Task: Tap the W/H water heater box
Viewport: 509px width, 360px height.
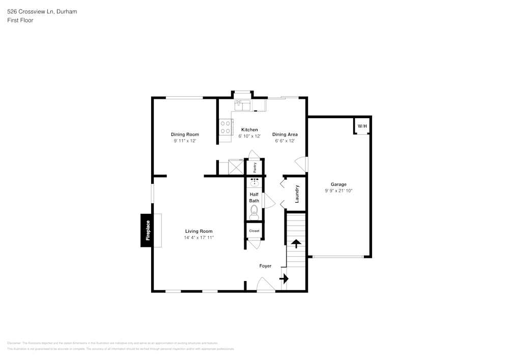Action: (361, 126)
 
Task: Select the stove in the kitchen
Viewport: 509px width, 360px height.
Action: (225, 127)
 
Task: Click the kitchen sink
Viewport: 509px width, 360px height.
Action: (242, 105)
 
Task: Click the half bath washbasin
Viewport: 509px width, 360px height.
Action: (254, 182)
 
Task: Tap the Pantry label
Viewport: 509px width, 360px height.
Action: (254, 167)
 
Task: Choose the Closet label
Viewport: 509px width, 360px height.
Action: (254, 231)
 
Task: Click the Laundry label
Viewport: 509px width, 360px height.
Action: (297, 193)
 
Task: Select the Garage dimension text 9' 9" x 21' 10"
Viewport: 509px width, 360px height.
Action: (338, 190)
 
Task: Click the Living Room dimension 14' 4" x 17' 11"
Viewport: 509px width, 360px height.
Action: (199, 237)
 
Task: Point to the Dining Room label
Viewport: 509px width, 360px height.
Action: (184, 134)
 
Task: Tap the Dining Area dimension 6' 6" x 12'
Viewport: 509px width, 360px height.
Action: (285, 141)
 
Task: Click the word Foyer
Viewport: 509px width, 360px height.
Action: (265, 266)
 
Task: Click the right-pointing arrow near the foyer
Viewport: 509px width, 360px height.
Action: (284, 279)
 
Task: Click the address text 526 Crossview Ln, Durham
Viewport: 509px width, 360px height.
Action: (42, 11)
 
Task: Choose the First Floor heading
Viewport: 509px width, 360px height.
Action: (20, 20)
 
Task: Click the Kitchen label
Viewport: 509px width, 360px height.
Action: (249, 130)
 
